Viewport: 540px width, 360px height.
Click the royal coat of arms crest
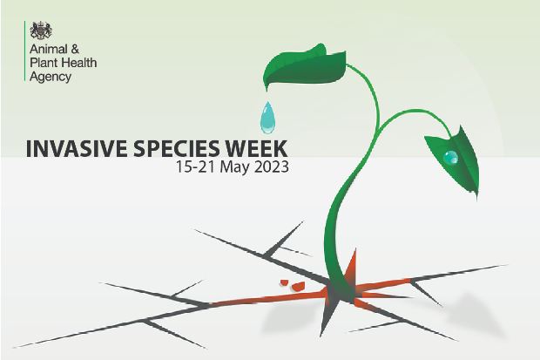tap(41, 31)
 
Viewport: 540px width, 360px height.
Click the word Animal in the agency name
tap(49, 49)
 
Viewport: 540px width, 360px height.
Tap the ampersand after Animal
tap(75, 49)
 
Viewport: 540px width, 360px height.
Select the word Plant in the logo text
tap(44, 63)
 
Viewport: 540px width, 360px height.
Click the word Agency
tap(51, 78)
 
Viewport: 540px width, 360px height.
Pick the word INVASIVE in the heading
tap(77, 149)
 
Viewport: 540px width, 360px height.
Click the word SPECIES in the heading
tap(176, 149)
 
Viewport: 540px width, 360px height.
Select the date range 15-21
tap(195, 166)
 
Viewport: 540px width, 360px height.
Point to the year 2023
tap(272, 166)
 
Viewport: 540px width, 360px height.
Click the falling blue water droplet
tap(267, 118)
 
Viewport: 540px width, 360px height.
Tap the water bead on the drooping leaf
tap(450, 157)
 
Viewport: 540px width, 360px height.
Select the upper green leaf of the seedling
tap(305, 66)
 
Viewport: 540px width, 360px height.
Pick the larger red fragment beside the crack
tap(298, 286)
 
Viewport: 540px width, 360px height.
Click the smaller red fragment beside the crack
tap(284, 282)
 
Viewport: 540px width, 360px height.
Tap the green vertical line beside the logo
tap(24, 51)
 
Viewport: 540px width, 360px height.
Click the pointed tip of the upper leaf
tap(267, 91)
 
